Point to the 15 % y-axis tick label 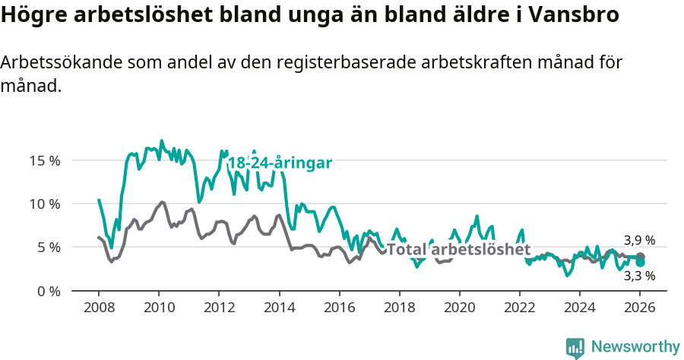coord(45,160)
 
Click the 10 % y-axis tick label coord(45,204)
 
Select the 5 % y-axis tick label coord(49,247)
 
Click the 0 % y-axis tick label coord(49,291)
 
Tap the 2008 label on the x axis coord(99,308)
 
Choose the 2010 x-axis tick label coord(159,308)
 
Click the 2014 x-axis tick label coord(279,308)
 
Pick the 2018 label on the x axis coord(399,308)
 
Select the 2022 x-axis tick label coord(520,308)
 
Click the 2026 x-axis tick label coord(640,308)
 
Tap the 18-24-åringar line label coord(280,163)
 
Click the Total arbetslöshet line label coord(459,250)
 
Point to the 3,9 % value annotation coord(639,241)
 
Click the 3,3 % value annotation coord(639,276)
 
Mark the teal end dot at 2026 coord(640,262)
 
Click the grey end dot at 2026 coord(640,257)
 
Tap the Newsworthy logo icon coord(575,348)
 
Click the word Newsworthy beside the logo coord(635,347)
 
